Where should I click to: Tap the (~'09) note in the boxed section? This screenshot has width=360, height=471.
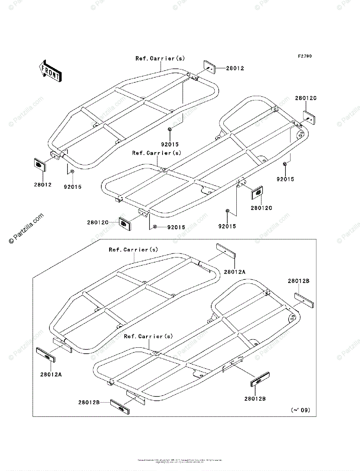coord(300,410)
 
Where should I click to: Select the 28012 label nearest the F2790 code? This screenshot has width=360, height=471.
coord(235,68)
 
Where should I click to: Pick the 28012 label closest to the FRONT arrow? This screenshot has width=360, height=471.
coord(42,184)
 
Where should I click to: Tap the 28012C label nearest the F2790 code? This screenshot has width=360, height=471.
coord(306,98)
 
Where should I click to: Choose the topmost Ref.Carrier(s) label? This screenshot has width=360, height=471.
coord(160,58)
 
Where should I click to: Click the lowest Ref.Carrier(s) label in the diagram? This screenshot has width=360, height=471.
coord(148,336)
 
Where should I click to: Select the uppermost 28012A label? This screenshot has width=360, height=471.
coord(235,271)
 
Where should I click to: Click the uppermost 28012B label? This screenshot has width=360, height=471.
coord(298,281)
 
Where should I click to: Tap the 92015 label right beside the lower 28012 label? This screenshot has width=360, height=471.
coord(73,187)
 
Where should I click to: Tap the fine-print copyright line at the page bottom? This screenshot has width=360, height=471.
coord(180,460)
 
